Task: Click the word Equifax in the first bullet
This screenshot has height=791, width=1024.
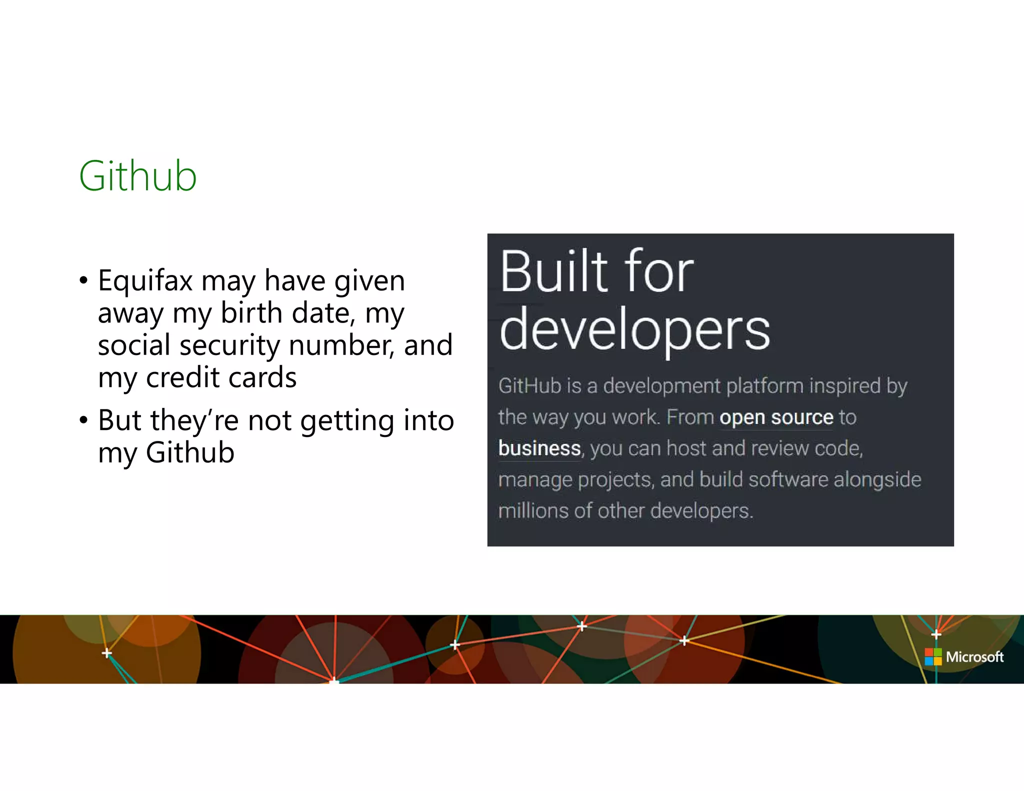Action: coord(145,280)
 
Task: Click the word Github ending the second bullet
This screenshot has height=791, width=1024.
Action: coord(190,452)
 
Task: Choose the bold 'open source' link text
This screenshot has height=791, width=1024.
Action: coord(776,417)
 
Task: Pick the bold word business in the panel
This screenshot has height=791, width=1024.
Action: coord(539,448)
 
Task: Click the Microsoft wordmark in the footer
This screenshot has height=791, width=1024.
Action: coord(974,656)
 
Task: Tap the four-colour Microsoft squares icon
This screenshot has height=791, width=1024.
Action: coord(933,656)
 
